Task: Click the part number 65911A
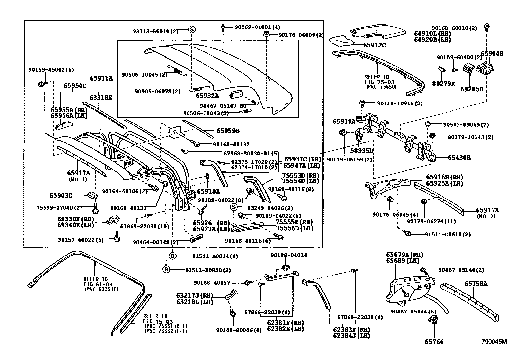[x=101, y=78]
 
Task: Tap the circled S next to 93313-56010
[x=192, y=29]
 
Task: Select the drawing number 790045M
[x=494, y=342]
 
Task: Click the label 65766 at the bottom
[x=434, y=342]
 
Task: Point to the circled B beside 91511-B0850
[x=166, y=270]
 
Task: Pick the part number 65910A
[x=344, y=121]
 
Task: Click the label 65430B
[x=459, y=158]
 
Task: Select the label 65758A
[x=476, y=284]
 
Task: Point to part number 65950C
[x=75, y=86]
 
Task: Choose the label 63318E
[x=100, y=97]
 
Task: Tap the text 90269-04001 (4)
[x=257, y=28]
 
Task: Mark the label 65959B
[x=228, y=131]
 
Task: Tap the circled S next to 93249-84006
[x=233, y=207]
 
